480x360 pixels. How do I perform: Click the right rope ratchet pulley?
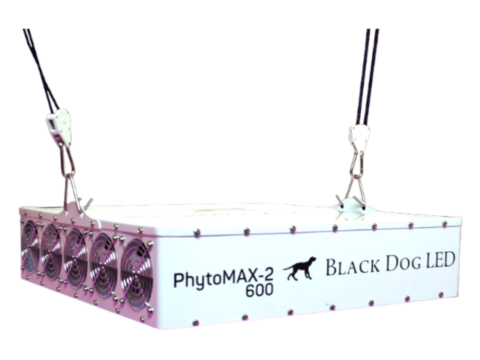358,139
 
